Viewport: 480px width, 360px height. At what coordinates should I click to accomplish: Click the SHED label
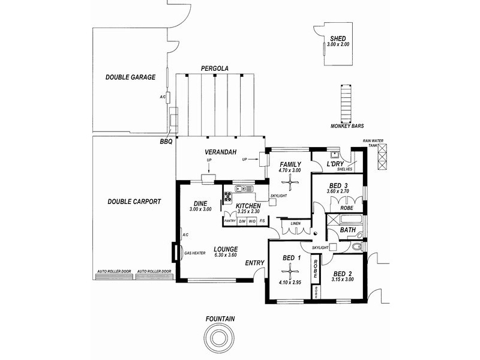click(x=337, y=38)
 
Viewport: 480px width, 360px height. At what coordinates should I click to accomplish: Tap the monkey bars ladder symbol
click(x=345, y=103)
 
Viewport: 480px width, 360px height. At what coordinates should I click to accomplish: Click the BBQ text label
click(x=166, y=142)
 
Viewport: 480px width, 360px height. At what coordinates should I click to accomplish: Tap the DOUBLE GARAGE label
click(x=130, y=77)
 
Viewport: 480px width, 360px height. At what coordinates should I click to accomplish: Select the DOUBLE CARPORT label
click(x=134, y=202)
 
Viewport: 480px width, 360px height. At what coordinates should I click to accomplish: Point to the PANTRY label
click(x=230, y=221)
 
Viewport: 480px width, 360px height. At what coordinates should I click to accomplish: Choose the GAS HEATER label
click(x=195, y=253)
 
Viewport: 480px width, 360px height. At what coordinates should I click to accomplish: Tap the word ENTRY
click(x=254, y=263)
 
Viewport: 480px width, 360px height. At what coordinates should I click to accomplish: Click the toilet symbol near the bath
click(x=356, y=246)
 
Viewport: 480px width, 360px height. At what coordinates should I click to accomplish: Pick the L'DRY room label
click(x=335, y=164)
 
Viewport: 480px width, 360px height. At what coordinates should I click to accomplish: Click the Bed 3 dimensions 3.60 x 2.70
click(x=338, y=191)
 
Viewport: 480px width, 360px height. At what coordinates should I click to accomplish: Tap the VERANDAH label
click(x=218, y=152)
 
